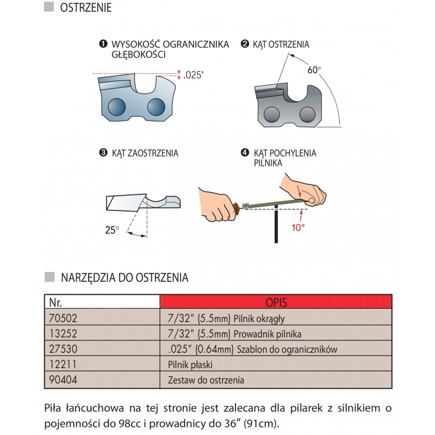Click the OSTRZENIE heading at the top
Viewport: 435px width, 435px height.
[x=85, y=8]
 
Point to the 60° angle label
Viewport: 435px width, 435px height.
[x=314, y=71]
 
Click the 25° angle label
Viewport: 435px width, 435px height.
[x=111, y=230]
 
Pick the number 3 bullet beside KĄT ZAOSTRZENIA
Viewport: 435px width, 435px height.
[x=103, y=153]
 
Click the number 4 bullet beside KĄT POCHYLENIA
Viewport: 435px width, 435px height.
[x=245, y=153]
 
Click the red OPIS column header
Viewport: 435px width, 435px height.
[x=276, y=301]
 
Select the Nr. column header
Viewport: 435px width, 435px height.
[x=55, y=301]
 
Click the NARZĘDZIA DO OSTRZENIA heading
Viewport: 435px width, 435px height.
[x=124, y=277]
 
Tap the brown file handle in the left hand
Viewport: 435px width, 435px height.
[x=236, y=208]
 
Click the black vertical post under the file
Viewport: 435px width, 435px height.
[x=277, y=226]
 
